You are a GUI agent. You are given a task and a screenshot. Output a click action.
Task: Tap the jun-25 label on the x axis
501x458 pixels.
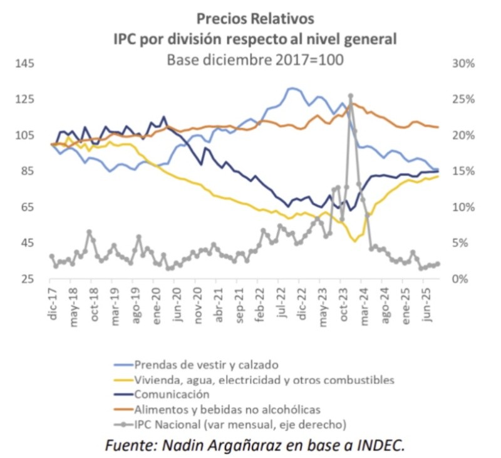[430, 304]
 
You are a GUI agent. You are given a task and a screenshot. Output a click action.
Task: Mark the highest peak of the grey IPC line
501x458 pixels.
[351, 97]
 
